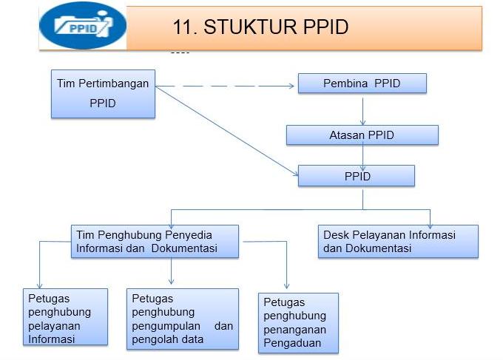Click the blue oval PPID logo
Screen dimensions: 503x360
[x=83, y=26]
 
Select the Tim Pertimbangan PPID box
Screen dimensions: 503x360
[x=103, y=94]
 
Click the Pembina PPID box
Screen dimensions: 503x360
[x=362, y=84]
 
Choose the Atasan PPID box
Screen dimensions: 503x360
[x=362, y=135]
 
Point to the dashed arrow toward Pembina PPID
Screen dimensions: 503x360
[x=225, y=86]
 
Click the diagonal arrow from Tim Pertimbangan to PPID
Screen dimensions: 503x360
[x=227, y=131]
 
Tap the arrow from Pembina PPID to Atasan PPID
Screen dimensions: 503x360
[x=362, y=111]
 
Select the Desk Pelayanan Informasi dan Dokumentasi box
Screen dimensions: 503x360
[x=398, y=242]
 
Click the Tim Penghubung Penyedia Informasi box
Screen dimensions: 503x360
[x=155, y=242]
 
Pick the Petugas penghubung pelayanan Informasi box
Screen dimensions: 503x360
[x=65, y=316]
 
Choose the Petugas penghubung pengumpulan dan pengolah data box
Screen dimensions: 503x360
[x=183, y=319]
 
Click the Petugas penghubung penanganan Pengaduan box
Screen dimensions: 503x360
[x=298, y=323]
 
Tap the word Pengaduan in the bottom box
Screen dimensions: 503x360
[x=292, y=343]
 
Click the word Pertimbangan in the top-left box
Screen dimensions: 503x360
[x=114, y=84]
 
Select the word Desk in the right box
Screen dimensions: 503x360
[x=336, y=234]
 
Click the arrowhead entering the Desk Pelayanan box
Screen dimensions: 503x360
[x=431, y=225]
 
